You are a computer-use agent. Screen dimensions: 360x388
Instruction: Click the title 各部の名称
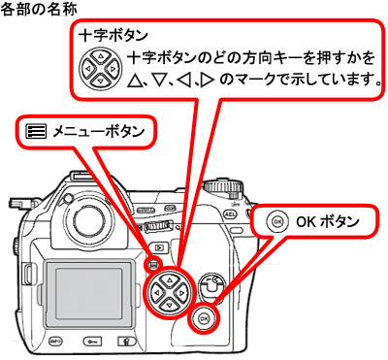[37, 9]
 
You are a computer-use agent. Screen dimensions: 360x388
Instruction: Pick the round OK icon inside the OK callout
[279, 221]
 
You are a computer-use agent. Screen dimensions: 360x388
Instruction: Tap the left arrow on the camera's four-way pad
[154, 288]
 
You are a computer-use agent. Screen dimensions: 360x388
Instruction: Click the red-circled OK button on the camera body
[203, 317]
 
